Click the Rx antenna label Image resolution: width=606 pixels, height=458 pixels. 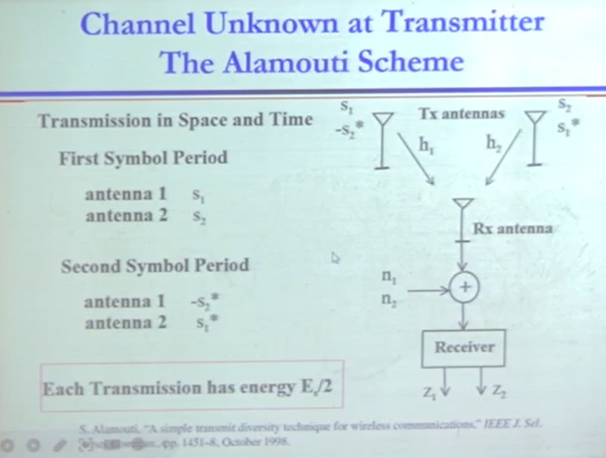(x=512, y=229)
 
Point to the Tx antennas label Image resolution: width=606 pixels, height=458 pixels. (x=462, y=114)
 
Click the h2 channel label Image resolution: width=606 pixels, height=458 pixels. (x=494, y=143)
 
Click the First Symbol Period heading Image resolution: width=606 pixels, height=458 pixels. (x=143, y=158)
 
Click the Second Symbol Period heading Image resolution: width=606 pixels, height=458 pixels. (x=154, y=267)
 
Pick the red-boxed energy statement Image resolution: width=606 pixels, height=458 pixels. (x=192, y=389)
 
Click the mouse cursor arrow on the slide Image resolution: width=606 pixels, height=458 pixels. (x=334, y=258)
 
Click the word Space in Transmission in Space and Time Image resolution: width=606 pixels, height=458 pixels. (x=215, y=120)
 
